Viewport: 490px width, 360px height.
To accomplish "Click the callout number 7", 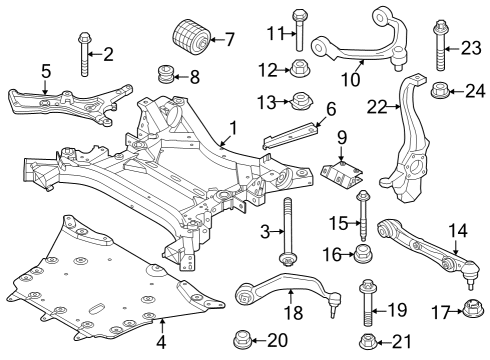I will point(229,40).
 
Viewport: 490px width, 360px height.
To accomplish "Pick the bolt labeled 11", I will point(299,29).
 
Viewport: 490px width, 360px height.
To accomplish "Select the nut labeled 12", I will point(299,69).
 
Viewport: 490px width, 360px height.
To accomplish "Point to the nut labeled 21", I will point(368,343).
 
